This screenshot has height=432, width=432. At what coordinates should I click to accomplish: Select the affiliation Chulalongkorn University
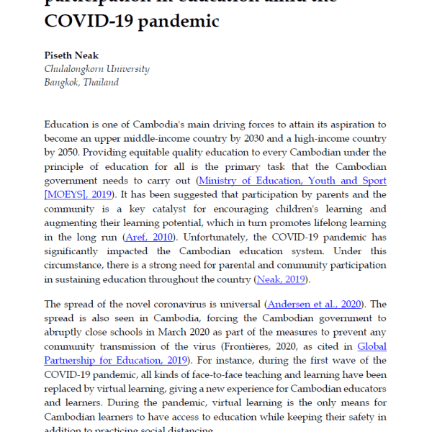[x=96, y=69]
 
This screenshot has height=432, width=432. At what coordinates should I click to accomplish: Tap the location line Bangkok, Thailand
[x=81, y=82]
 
